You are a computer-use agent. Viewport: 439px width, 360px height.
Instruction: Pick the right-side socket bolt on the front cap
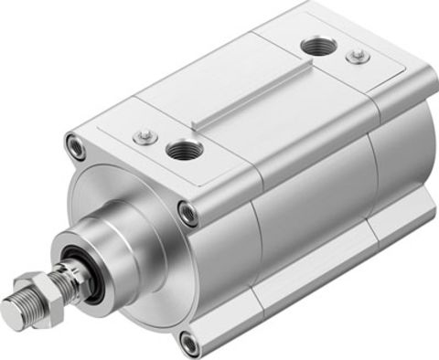tap(188, 214)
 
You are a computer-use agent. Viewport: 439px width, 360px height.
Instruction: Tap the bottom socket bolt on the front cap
tap(189, 344)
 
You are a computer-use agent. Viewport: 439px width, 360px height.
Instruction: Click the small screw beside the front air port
tap(141, 136)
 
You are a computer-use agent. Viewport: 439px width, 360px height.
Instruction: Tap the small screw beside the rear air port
tap(358, 57)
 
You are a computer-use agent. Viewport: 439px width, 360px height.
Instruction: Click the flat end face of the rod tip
tap(10, 315)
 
